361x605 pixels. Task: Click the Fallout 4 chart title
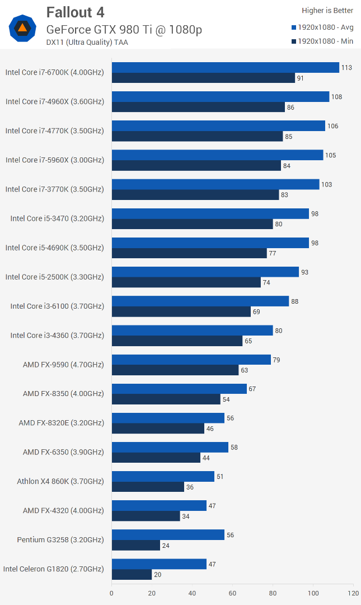75,12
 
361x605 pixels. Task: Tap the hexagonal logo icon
22,27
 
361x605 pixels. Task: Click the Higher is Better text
327,11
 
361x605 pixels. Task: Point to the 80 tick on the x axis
273,593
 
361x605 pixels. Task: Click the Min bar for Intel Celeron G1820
132,574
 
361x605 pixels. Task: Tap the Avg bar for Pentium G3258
168,535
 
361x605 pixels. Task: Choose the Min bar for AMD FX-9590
175,370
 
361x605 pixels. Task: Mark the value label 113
346,68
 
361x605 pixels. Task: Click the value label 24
166,546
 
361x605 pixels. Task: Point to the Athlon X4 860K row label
60,481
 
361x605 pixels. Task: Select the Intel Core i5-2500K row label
55,277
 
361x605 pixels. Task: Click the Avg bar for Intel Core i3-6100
200,301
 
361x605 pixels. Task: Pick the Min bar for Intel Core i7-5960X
196,165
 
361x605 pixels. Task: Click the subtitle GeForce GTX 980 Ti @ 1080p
124,30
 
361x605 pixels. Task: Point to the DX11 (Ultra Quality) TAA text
87,43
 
